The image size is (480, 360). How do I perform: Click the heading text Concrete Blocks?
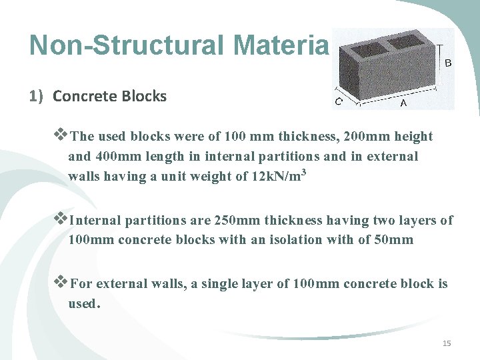coord(109,96)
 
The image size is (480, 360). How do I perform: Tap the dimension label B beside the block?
coord(448,63)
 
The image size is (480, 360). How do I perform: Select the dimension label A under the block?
coord(403,104)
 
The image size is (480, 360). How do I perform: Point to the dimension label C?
coord(339,102)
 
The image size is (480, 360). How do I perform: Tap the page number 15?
coord(447,343)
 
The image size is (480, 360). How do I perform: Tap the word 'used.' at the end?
coord(84,304)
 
